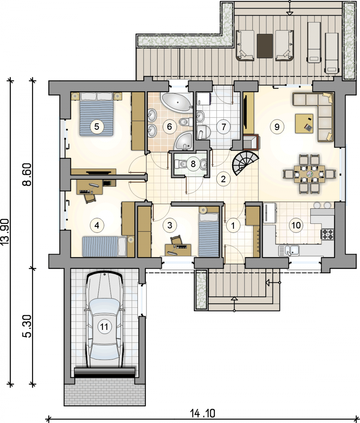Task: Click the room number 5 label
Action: [97, 127]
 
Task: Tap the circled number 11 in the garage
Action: [104, 327]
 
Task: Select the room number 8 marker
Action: [193, 164]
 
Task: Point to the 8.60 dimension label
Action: [27, 174]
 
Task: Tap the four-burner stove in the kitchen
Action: [328, 234]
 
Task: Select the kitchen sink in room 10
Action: [288, 251]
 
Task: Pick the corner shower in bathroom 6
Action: [184, 141]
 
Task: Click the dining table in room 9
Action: [309, 174]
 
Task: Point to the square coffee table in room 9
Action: [304, 123]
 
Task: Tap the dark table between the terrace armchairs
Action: [265, 46]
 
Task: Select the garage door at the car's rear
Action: [105, 373]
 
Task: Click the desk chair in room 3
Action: [176, 239]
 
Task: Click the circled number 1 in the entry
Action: [233, 225]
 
